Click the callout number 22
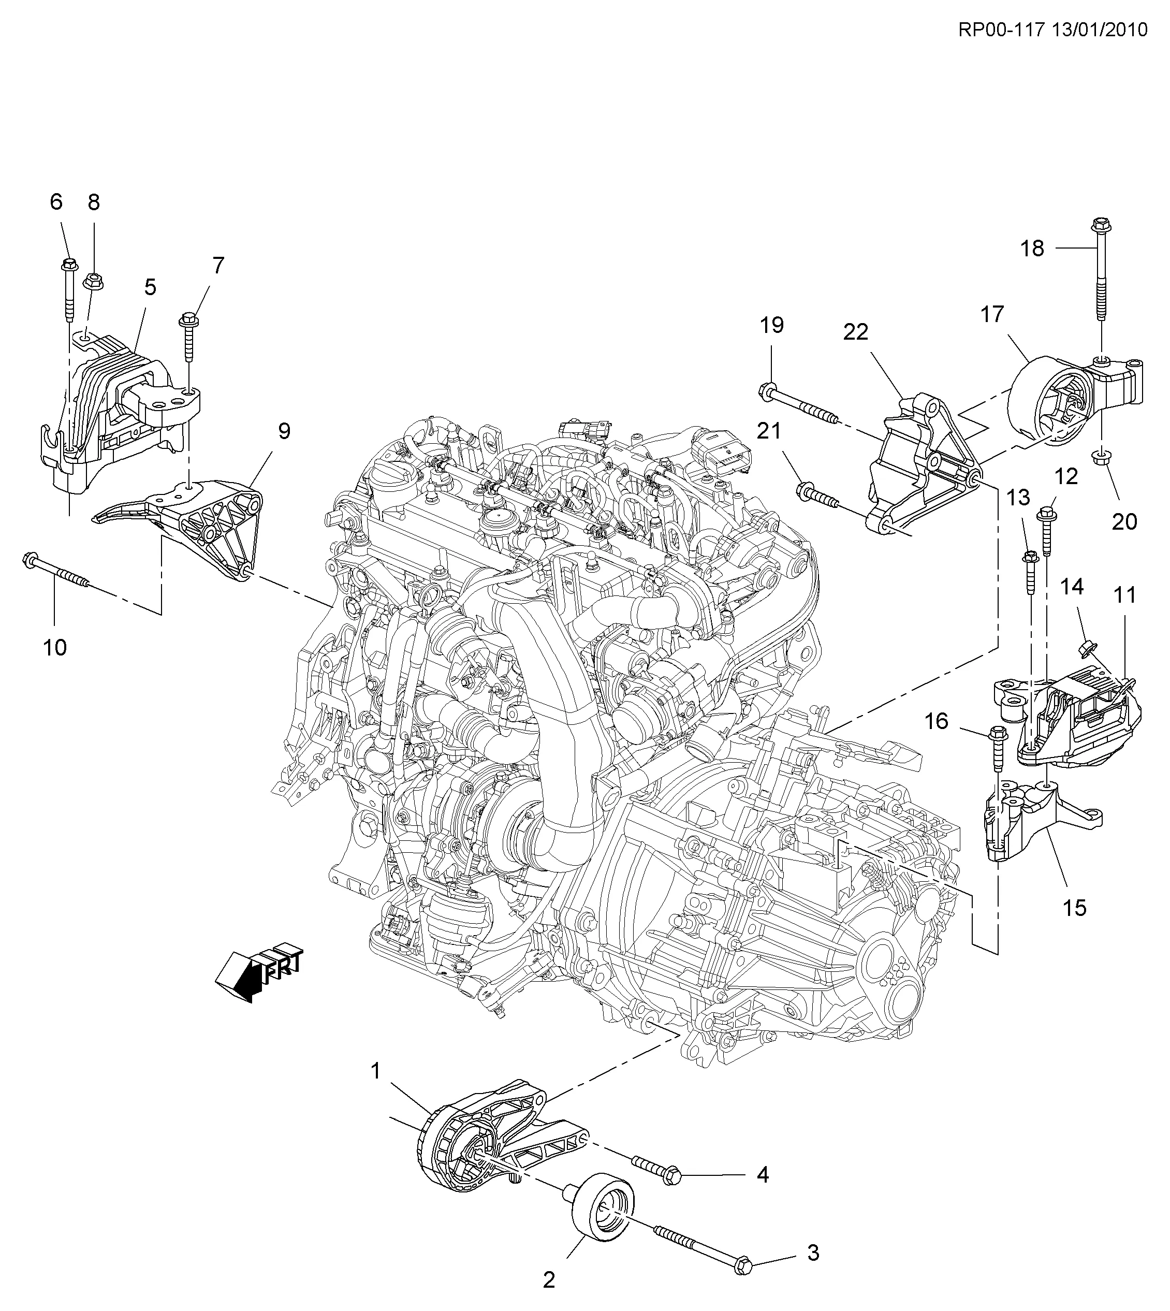856,332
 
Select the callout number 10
55,647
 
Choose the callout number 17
992,314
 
